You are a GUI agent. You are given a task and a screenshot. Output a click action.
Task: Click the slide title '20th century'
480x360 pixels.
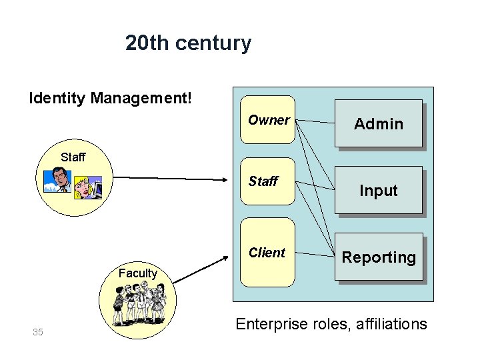click(188, 43)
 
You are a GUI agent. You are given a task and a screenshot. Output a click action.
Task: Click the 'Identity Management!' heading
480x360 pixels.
click(111, 99)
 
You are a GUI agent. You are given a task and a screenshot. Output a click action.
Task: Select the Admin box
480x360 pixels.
click(379, 123)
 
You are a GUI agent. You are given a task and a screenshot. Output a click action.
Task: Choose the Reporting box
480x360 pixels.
click(379, 257)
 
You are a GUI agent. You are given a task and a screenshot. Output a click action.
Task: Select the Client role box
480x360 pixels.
click(267, 253)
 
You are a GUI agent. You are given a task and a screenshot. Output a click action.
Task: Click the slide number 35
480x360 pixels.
click(37, 332)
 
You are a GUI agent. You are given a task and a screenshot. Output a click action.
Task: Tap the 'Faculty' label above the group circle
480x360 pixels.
click(137, 273)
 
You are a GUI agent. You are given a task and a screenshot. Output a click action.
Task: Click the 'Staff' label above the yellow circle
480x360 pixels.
click(73, 157)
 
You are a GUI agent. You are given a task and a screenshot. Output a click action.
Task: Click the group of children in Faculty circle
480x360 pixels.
click(139, 304)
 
